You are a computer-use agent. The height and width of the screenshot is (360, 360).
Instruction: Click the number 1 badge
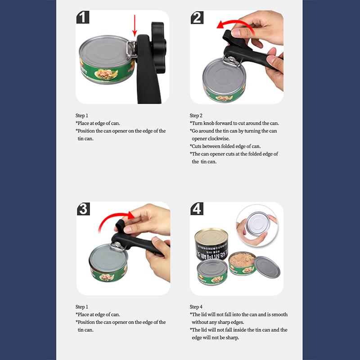point(83,18)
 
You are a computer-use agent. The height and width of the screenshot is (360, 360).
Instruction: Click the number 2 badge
point(197,18)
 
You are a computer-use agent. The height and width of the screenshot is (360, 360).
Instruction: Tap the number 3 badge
point(83,209)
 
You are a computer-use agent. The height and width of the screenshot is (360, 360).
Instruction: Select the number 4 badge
point(197,209)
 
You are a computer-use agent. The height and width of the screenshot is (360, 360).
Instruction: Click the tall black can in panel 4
point(211,245)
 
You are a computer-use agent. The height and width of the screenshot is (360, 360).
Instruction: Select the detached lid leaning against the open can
point(267,267)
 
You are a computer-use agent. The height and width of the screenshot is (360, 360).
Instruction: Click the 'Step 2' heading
point(196,116)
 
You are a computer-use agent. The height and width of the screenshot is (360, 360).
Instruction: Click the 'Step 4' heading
point(196,307)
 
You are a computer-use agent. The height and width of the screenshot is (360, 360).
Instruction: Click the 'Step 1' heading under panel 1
point(82,116)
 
